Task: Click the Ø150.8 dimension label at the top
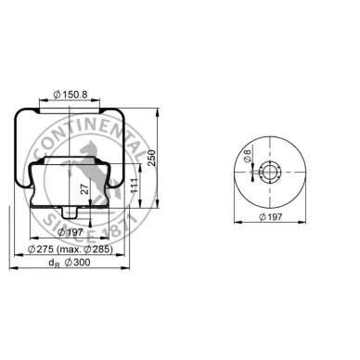click(71, 93)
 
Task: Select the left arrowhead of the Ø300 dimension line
click(12, 270)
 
